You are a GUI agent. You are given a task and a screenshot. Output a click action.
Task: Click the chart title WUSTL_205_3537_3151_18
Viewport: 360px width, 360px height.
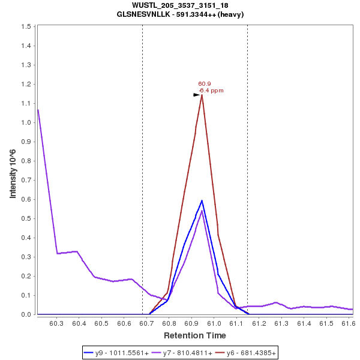coord(180,5)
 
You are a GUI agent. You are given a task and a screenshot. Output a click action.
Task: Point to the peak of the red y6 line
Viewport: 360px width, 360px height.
coord(202,95)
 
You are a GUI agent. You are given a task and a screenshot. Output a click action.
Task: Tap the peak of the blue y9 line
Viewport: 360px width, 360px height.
coord(202,200)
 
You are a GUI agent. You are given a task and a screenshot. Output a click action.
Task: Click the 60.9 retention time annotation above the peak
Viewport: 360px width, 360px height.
coord(204,84)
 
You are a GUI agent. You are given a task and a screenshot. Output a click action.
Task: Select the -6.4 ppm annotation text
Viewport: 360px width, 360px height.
coord(211,91)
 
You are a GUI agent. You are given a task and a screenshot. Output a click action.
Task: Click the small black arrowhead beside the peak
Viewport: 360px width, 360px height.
coord(196,95)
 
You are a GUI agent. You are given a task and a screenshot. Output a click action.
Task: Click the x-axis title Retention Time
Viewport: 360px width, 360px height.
coord(195,335)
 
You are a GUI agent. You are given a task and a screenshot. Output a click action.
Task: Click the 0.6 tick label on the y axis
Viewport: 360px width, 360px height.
coord(26,199)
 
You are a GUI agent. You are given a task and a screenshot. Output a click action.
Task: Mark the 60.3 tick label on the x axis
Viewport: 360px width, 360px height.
coord(56,323)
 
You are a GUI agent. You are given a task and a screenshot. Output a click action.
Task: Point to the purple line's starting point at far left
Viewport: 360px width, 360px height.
coord(38,110)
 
